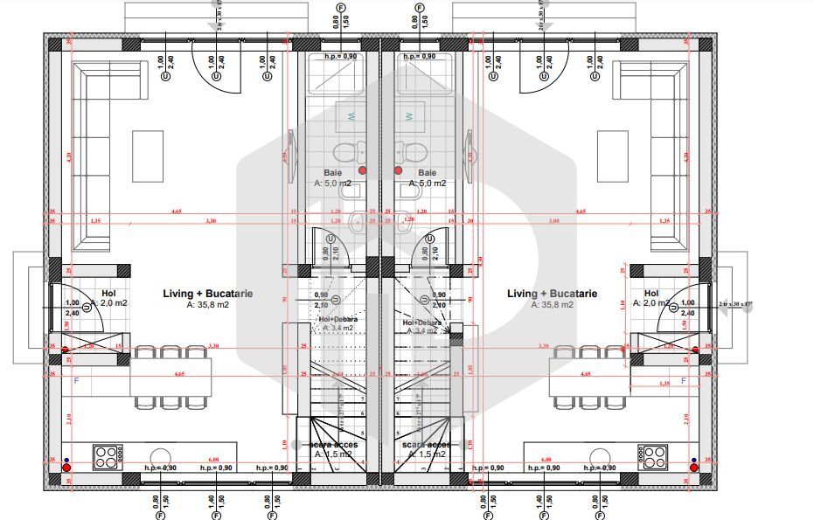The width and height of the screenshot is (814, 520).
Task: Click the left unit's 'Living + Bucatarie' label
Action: (x=207, y=294)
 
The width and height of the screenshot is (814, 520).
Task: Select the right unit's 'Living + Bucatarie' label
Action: (x=552, y=294)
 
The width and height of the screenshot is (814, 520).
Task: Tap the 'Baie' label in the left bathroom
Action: (x=332, y=173)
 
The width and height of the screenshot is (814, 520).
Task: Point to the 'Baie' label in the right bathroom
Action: (x=428, y=173)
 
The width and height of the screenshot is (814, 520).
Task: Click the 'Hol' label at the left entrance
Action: (x=108, y=294)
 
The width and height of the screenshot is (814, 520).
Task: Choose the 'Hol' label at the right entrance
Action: (x=651, y=294)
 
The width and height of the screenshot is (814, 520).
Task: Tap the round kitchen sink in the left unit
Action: (x=160, y=457)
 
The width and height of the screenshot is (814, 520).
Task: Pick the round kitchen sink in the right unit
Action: (x=601, y=457)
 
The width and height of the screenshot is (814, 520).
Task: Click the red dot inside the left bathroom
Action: (x=362, y=170)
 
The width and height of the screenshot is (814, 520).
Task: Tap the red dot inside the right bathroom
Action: (x=398, y=170)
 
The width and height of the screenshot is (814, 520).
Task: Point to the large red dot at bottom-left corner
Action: (x=66, y=468)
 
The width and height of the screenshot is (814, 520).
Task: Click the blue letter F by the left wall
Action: (x=75, y=381)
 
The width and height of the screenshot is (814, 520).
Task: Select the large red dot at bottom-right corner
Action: (x=693, y=468)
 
